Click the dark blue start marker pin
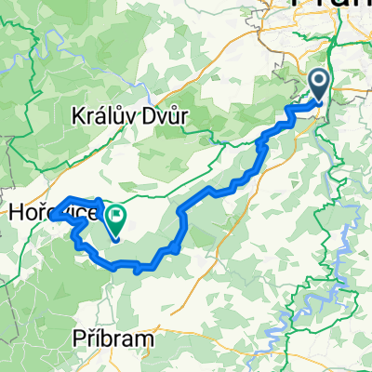click(318, 86)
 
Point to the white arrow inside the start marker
click(318, 84)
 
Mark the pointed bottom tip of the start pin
click(318, 103)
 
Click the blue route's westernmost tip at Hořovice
click(53, 215)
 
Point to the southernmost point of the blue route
click(139, 271)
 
